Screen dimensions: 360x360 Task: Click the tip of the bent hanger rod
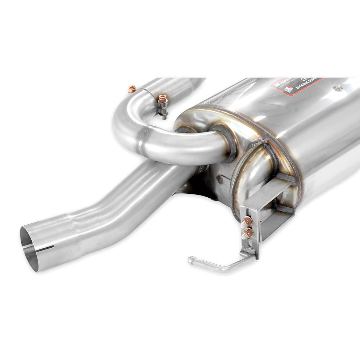(190, 259)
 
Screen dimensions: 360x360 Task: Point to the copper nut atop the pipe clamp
(162, 98)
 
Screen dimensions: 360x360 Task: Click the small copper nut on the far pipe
(132, 89)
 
